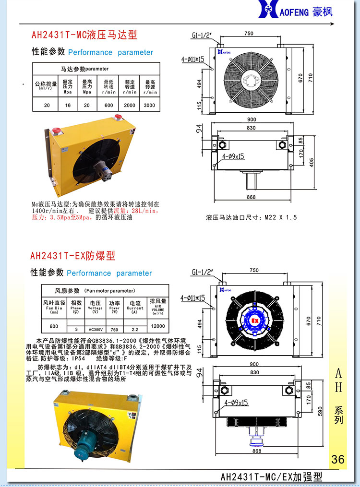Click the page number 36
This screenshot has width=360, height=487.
point(338,459)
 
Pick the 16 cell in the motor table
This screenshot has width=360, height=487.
point(68,105)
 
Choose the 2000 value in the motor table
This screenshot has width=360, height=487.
point(130,105)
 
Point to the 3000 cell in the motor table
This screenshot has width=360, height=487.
point(149,105)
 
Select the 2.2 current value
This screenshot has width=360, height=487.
point(135,330)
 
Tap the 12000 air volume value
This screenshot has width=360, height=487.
point(158,326)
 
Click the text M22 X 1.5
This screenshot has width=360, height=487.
point(281,217)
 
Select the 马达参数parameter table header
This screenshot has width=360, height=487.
point(84,69)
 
